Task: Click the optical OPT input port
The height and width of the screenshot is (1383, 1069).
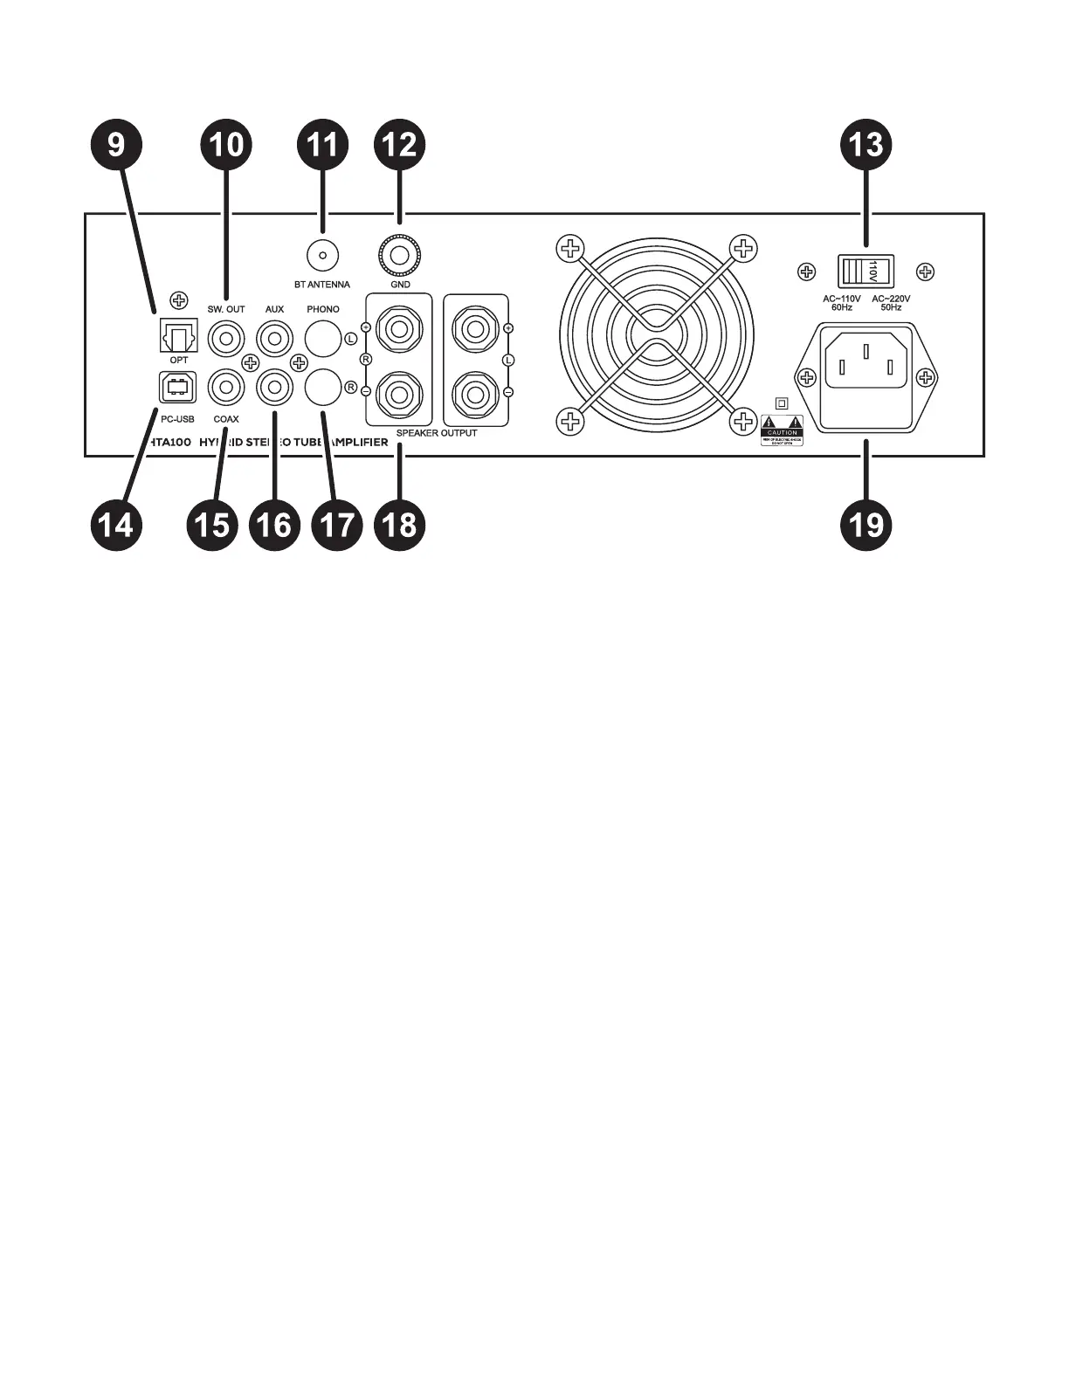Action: click(178, 336)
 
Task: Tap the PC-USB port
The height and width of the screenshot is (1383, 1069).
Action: click(178, 387)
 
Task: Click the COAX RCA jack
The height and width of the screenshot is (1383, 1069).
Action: click(226, 386)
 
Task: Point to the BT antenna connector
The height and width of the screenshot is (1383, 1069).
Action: click(322, 256)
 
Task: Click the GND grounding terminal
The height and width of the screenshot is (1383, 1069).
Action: click(399, 256)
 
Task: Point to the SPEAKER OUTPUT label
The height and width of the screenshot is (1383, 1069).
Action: click(437, 433)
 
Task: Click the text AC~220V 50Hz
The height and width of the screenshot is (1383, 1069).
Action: click(891, 303)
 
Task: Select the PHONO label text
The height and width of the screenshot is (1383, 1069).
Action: click(323, 310)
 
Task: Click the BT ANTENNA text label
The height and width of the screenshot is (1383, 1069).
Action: click(322, 285)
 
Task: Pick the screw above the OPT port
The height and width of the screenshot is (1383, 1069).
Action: click(179, 301)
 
